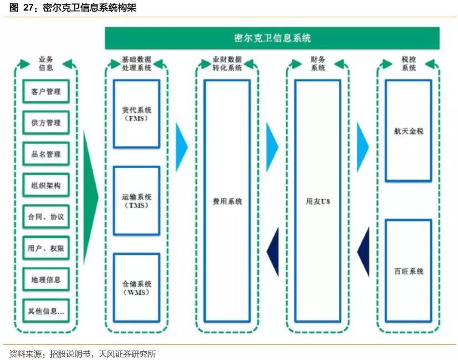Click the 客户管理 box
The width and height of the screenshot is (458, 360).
point(46,91)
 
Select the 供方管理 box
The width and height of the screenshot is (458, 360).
point(46,122)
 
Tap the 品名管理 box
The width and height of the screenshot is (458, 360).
point(46,154)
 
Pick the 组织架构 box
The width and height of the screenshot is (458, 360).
point(46,185)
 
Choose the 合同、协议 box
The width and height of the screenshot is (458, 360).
point(46,216)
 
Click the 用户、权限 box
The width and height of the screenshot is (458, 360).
point(46,248)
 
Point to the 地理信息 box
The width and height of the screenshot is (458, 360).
point(46,279)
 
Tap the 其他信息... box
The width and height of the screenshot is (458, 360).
point(46,311)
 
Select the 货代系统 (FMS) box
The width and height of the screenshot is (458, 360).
point(136,114)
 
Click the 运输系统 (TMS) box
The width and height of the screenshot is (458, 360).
point(136,201)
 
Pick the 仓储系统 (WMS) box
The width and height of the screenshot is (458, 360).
point(136,288)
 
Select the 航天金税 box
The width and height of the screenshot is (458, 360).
point(409,131)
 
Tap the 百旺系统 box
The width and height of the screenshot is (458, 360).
point(409,271)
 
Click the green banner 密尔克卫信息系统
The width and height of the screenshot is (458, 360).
point(272,38)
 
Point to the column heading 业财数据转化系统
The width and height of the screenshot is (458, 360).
point(227,63)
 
